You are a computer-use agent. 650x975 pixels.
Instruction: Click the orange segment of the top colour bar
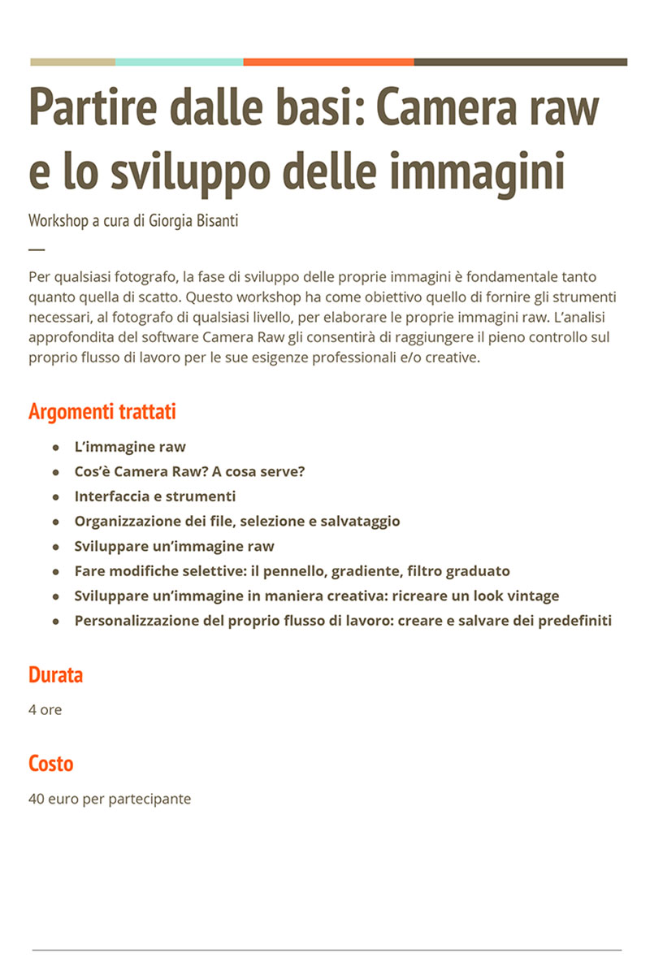(328, 62)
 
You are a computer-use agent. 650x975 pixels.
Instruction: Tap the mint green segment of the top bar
(179, 62)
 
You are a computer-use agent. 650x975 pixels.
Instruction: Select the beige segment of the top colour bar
(72, 62)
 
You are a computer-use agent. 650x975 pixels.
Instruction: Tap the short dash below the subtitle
(37, 249)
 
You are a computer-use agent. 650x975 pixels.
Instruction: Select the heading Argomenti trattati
(102, 412)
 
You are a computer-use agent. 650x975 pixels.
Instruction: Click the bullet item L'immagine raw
(130, 447)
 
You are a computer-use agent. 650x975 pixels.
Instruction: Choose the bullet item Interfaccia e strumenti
(155, 496)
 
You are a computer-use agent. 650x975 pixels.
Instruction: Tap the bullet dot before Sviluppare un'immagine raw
(56, 547)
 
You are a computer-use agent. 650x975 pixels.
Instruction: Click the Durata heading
(55, 675)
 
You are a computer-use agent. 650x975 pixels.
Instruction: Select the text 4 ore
(45, 710)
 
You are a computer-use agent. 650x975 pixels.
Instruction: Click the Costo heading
(50, 764)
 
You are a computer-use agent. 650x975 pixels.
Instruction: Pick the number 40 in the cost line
(37, 799)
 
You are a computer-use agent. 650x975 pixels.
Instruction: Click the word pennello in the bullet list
(290, 571)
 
